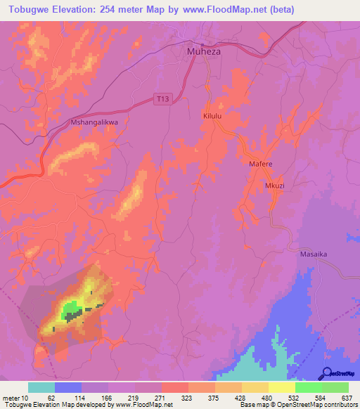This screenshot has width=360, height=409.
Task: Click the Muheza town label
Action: (205, 51)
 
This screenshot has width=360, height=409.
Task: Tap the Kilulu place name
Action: (212, 114)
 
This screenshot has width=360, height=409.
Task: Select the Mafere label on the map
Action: (260, 164)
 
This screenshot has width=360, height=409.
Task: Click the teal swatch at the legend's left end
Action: (41, 387)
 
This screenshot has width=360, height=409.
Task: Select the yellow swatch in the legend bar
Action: (281, 387)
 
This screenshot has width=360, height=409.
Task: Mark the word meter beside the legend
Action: (11, 397)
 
